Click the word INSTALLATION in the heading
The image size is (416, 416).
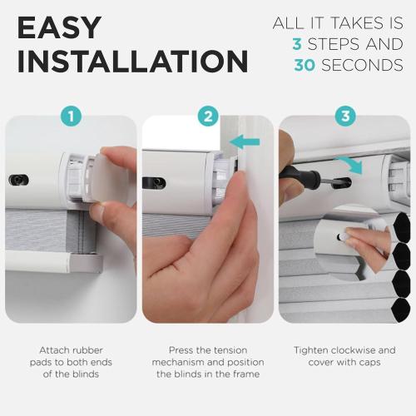tap(132, 61)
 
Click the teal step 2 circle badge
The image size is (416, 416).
tap(208, 116)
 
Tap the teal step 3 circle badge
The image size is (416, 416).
tap(345, 116)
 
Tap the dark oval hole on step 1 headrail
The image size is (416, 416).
tap(18, 180)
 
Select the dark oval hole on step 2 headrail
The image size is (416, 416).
tap(154, 182)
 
